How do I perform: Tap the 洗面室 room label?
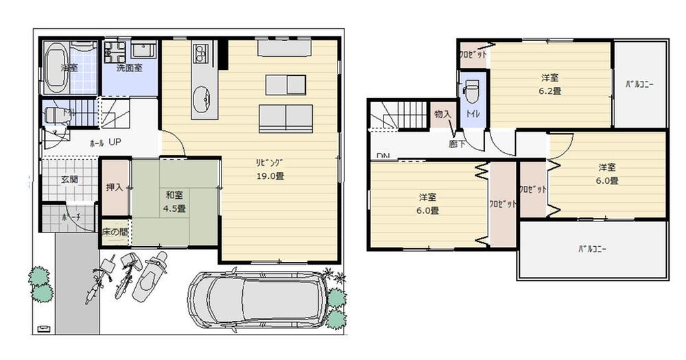click(x=129, y=68)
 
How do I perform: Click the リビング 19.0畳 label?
click(x=270, y=169)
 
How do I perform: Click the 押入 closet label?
click(x=115, y=187)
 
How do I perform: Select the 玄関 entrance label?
click(x=69, y=179)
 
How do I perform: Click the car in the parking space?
click(x=257, y=299)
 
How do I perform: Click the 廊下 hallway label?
click(x=457, y=144)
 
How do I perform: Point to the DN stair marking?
click(x=383, y=156)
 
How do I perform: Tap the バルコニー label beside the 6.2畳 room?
click(x=639, y=85)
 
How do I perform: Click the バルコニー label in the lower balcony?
click(x=593, y=249)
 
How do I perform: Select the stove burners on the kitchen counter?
click(x=201, y=53)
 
